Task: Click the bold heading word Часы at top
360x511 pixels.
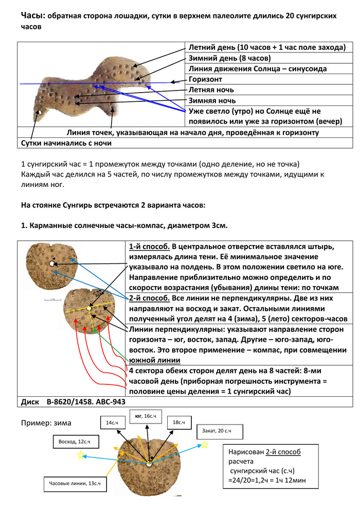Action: coord(32,16)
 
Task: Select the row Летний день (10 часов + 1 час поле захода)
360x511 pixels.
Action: coord(266,47)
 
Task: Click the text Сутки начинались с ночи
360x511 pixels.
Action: coord(66,143)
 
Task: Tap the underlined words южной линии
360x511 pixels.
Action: coord(154,360)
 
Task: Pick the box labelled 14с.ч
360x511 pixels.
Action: coord(112,422)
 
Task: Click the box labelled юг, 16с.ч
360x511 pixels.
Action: coord(146,416)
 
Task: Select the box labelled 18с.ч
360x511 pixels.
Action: coord(178,422)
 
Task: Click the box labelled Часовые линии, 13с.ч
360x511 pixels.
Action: coord(75,484)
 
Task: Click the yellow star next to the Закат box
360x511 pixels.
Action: coord(204,445)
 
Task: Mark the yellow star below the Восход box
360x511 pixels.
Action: coord(80,455)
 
